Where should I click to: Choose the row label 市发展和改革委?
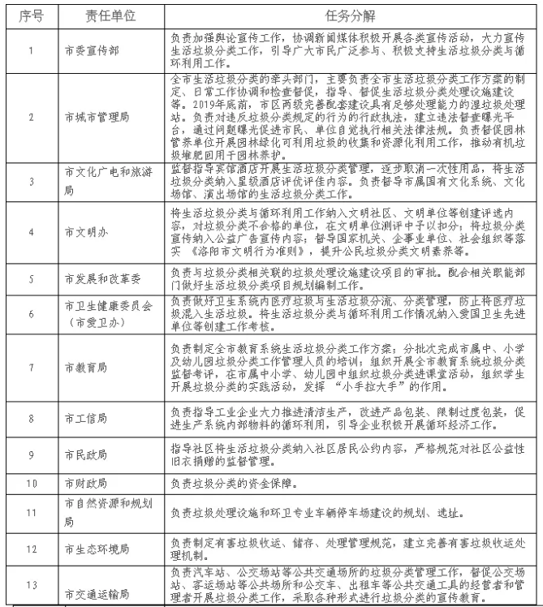96,278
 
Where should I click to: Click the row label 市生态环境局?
91,551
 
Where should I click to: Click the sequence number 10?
30,484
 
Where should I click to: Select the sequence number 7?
30,367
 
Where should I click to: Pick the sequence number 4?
30,231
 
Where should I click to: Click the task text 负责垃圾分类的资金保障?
243,484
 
